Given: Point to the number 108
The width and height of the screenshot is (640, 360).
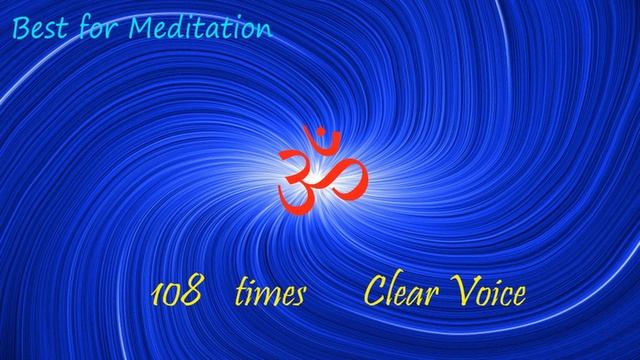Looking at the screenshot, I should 176,294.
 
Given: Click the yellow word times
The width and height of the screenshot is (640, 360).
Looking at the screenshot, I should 269,294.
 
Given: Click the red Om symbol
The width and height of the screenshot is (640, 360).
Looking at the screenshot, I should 322,170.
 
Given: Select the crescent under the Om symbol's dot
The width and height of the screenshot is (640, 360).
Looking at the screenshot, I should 322,141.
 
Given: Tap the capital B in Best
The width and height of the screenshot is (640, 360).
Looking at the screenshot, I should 21,28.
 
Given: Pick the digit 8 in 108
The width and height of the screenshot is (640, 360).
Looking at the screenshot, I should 192,294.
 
